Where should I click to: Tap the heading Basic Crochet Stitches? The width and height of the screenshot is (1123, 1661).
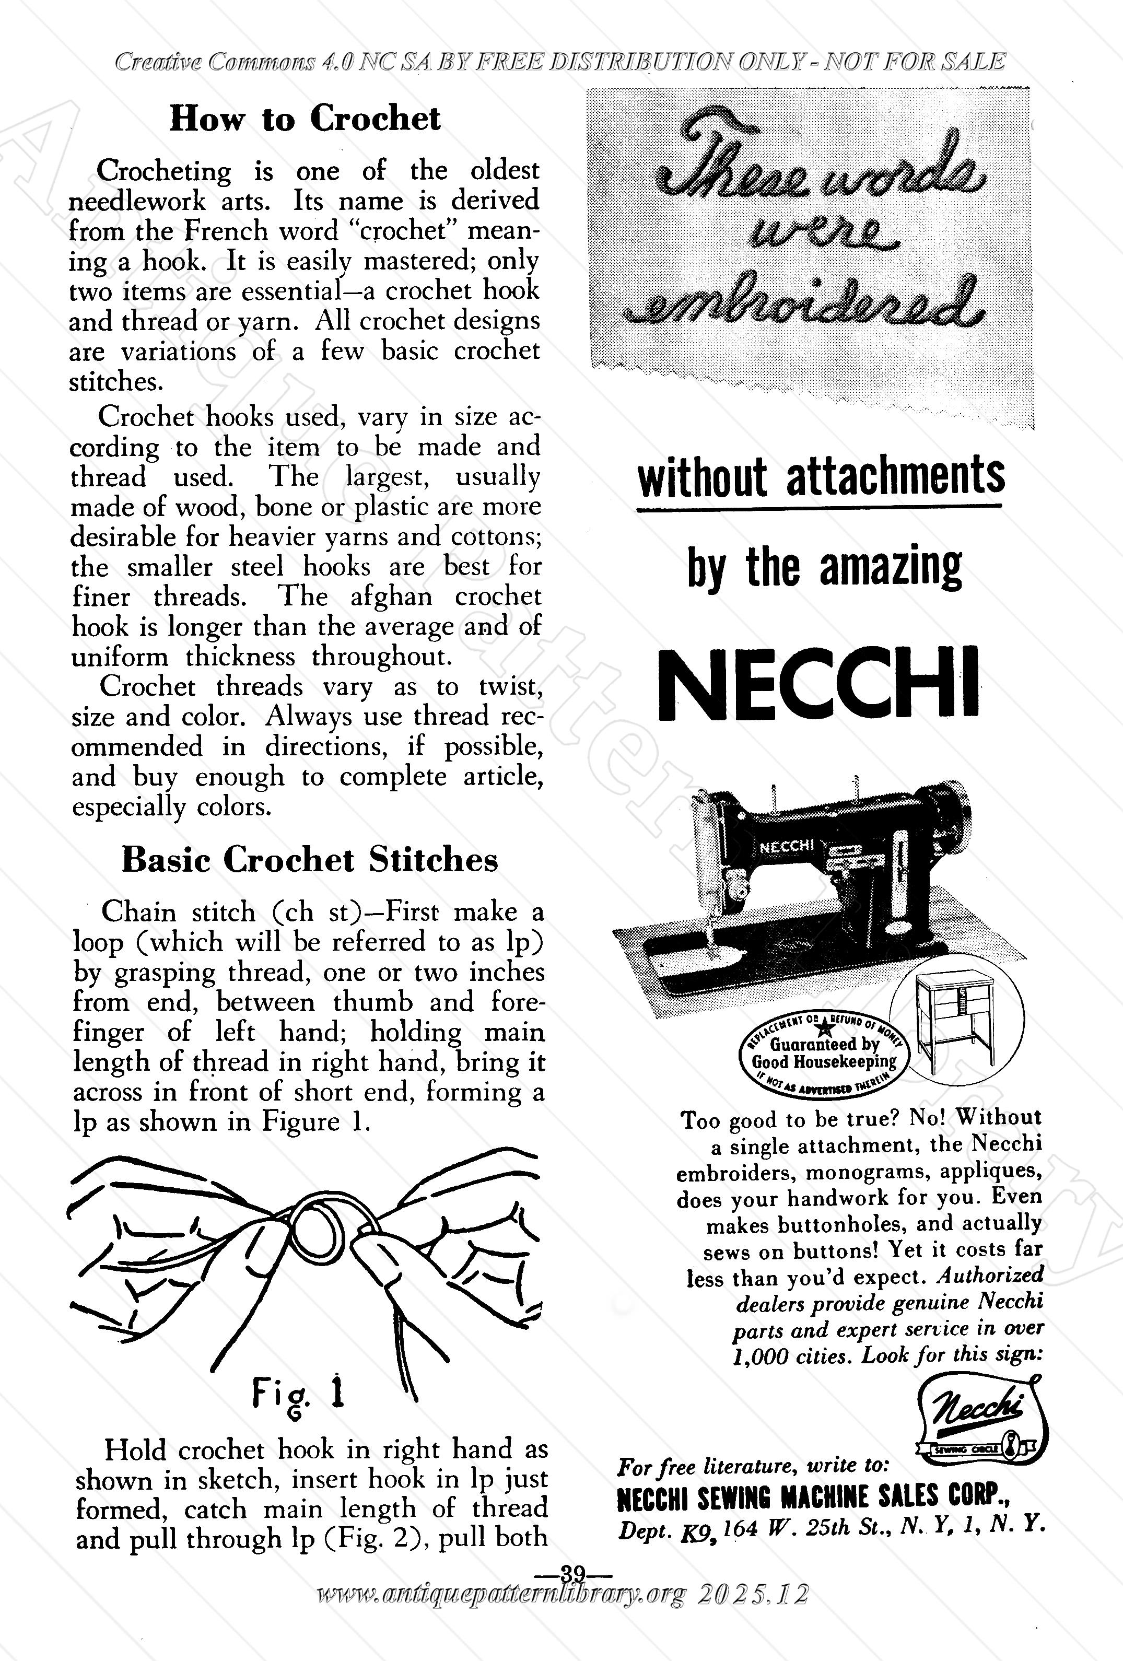pyautogui.click(x=310, y=860)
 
